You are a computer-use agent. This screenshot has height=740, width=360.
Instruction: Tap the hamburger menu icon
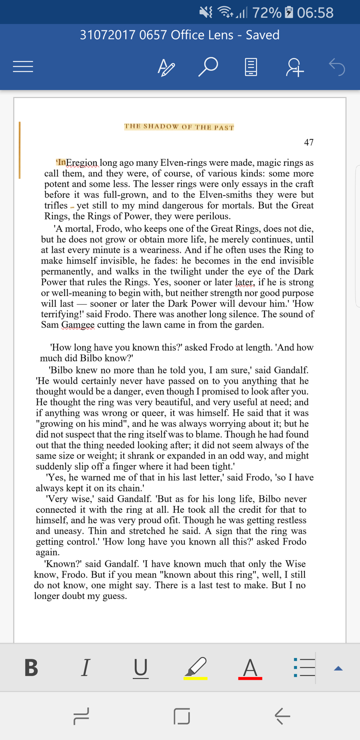[23, 66]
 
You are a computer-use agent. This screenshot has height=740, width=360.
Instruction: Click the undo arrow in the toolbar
[337, 67]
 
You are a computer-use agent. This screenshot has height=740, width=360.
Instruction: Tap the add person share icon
[295, 67]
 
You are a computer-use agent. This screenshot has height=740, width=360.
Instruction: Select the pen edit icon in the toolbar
[166, 67]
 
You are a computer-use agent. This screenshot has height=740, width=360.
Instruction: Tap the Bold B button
[31, 668]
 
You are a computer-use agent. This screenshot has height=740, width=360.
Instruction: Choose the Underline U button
[141, 668]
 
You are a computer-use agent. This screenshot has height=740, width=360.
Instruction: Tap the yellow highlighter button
[195, 668]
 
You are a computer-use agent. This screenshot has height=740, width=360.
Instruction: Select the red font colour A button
[250, 668]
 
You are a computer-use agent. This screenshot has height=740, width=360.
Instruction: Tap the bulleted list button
[304, 667]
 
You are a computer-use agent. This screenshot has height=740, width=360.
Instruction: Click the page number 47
[309, 142]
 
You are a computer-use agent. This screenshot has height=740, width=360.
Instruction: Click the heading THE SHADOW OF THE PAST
[179, 127]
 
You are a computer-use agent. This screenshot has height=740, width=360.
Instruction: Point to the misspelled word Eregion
[82, 163]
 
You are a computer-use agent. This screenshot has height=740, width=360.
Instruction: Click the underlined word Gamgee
[78, 325]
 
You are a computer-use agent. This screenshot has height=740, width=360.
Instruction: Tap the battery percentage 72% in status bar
[267, 13]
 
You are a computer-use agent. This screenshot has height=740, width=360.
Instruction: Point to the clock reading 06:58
[315, 13]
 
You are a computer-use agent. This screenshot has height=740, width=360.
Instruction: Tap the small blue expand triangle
[338, 668]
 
